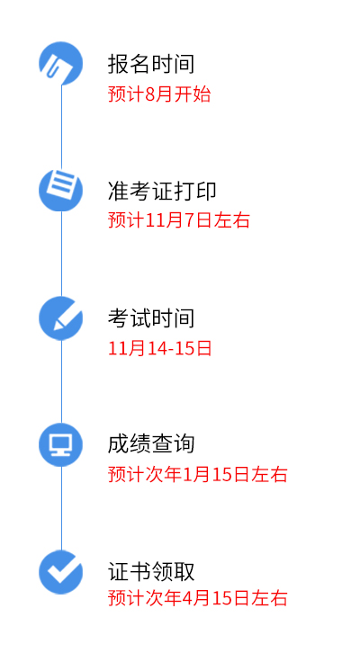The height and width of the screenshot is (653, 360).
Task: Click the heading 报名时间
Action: [x=151, y=64]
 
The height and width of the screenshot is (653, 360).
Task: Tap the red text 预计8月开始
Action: [x=159, y=94]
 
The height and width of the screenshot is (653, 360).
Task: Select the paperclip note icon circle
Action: [x=61, y=63]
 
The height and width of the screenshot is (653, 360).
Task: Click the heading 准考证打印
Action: [x=162, y=192]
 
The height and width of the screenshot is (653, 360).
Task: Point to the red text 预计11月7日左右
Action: [x=179, y=220]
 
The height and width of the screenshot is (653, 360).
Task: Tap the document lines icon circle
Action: [x=61, y=190]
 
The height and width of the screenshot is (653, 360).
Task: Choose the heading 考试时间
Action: [x=151, y=318]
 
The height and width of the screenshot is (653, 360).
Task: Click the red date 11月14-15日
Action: [x=160, y=348]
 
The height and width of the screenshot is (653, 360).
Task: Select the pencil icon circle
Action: [x=61, y=318]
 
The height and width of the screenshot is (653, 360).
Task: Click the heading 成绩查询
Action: [x=151, y=444]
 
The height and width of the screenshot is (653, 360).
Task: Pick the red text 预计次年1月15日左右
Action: [x=197, y=474]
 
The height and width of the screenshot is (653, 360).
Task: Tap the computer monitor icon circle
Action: [x=61, y=444]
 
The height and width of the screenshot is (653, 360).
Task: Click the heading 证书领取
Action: [x=151, y=571]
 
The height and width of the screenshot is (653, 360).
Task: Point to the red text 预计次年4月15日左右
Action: [x=197, y=598]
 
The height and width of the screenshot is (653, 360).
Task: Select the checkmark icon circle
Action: [x=61, y=572]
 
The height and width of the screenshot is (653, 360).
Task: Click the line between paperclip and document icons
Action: [x=62, y=127]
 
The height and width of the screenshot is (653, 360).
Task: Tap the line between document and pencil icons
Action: [x=62, y=254]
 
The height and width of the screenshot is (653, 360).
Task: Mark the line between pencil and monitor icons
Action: [x=62, y=381]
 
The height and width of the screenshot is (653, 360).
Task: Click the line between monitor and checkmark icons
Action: [x=62, y=508]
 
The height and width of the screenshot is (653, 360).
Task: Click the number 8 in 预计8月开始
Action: [x=150, y=94]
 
